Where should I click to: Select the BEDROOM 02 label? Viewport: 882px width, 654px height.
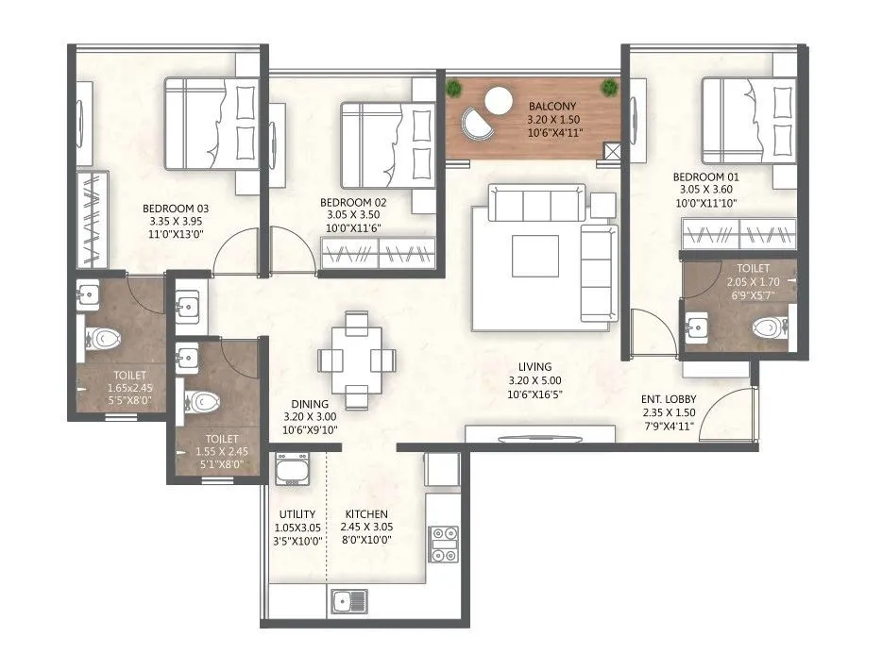pos(352,202)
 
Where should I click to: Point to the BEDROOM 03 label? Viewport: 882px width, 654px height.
pos(176,209)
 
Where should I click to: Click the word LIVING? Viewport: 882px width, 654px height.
pos(534,367)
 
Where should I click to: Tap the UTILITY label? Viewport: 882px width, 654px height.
pos(296,513)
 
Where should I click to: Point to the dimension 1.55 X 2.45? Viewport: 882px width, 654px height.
pos(218,451)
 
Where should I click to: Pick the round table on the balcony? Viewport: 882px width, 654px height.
pos(496,97)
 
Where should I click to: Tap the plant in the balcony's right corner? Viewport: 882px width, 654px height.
pos(609,88)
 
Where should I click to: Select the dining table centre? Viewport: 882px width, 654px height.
pos(355,360)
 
